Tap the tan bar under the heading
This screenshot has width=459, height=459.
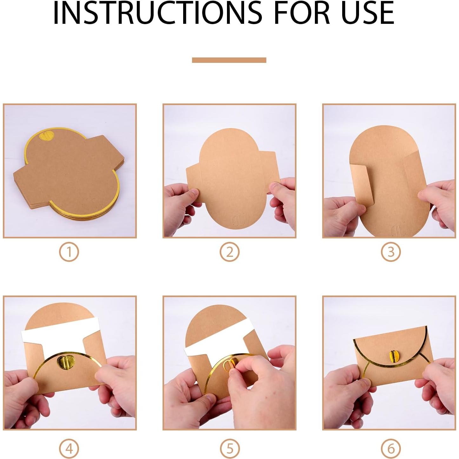(x=229, y=60)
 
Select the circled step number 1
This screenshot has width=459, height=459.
(x=69, y=252)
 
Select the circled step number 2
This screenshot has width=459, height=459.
(x=229, y=252)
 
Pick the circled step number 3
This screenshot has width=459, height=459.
(x=391, y=252)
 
